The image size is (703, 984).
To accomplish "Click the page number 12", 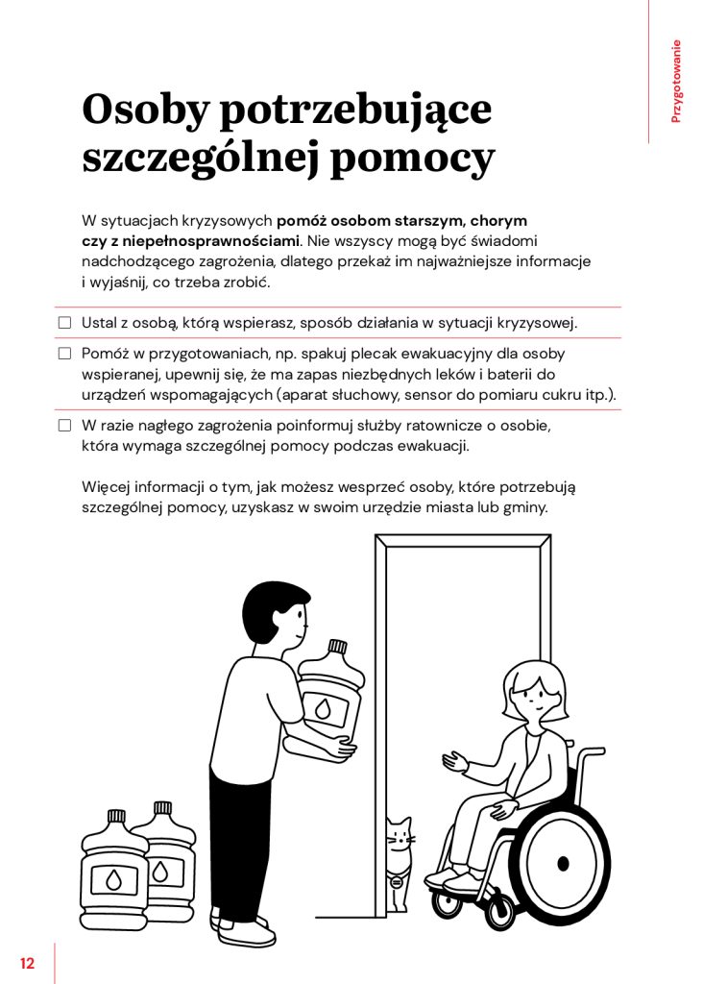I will tap(26, 963).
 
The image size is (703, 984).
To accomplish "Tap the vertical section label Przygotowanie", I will tap(676, 81).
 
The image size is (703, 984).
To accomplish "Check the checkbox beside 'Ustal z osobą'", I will tap(65, 323).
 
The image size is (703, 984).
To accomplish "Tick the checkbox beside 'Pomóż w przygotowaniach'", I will tap(65, 354).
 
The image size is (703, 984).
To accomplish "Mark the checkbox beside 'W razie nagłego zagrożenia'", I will tap(65, 425).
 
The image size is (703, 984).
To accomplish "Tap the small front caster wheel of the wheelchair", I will tap(446, 901).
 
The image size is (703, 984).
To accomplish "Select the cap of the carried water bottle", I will tap(337, 647).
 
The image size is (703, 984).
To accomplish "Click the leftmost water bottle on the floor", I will tap(114, 869).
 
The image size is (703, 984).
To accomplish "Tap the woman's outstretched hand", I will tap(454, 763).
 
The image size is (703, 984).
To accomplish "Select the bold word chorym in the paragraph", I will tap(498, 220).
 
